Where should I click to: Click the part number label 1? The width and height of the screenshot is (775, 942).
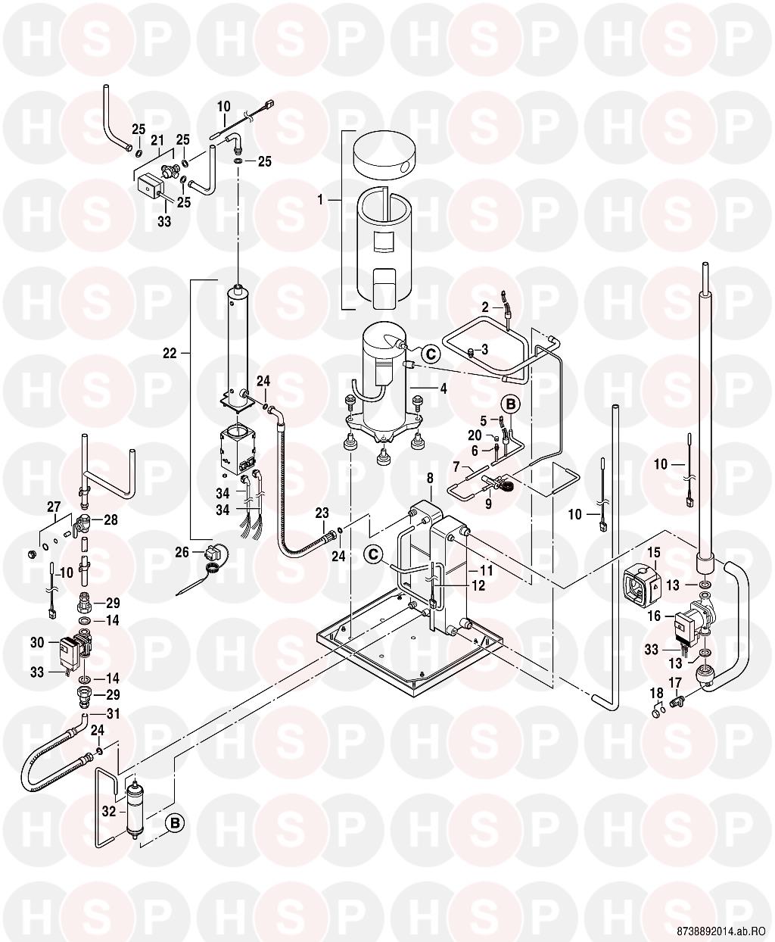click(x=320, y=200)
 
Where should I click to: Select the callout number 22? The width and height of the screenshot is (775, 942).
click(x=170, y=353)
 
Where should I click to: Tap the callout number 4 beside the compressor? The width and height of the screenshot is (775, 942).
click(x=444, y=388)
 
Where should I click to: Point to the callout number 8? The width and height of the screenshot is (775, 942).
click(x=430, y=479)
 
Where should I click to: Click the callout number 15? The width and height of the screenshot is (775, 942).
click(x=653, y=554)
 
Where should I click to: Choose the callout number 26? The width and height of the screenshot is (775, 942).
click(x=182, y=553)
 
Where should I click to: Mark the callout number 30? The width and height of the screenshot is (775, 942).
click(x=37, y=643)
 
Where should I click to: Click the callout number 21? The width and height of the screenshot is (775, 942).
click(x=157, y=140)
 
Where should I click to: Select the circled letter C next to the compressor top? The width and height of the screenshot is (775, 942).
click(x=429, y=353)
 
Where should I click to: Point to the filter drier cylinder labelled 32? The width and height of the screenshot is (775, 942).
click(x=134, y=813)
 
